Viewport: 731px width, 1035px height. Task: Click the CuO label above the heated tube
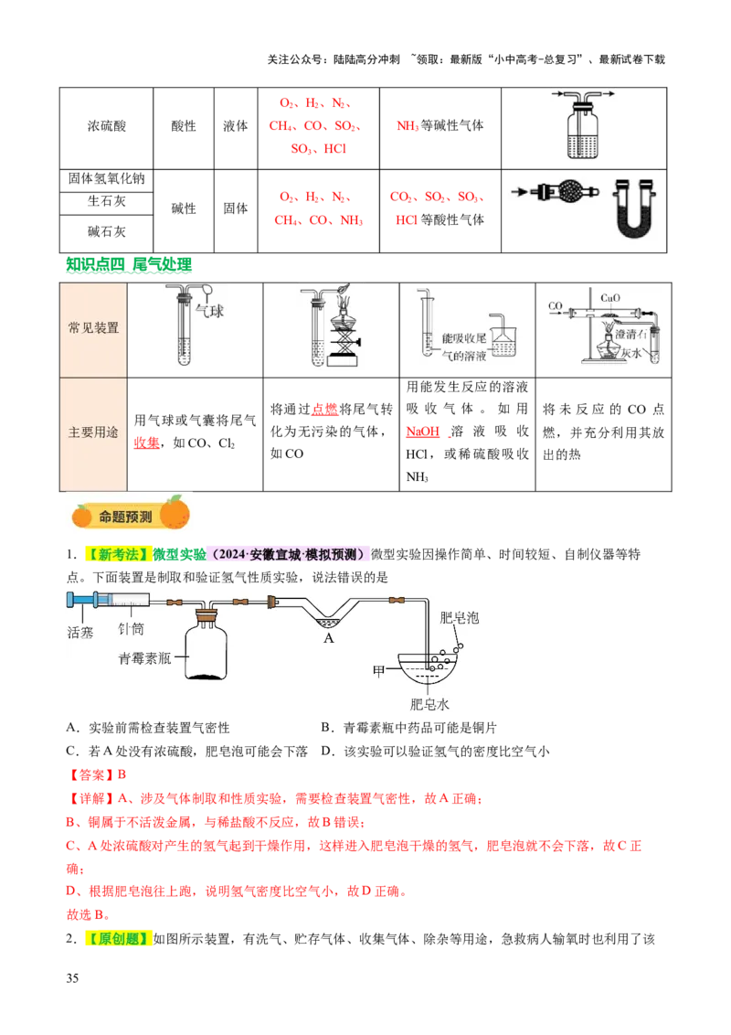610,297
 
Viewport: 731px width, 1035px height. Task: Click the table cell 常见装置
93,327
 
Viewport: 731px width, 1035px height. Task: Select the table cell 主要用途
93,432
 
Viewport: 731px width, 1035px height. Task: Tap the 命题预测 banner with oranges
128,515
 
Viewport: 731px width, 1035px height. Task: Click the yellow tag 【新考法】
116,554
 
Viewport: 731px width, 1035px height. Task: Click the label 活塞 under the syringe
80,631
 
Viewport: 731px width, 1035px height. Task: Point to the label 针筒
131,629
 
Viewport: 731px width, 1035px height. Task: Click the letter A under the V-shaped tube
329,638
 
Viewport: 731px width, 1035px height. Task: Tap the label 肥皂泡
459,617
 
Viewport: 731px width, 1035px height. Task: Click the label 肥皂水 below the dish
430,704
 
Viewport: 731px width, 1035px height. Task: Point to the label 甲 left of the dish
378,670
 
